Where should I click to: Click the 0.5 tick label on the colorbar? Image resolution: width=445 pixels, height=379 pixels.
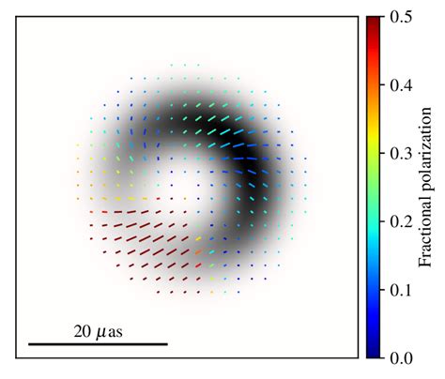pos(397,16)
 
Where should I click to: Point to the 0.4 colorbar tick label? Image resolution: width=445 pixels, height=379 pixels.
pos(397,84)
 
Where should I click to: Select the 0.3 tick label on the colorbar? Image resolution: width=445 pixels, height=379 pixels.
pos(397,153)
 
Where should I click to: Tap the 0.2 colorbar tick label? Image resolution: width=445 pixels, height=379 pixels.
pos(397,221)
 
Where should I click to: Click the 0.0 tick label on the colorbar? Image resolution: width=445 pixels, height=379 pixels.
pos(397,357)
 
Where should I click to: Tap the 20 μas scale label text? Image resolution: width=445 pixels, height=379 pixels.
pos(99,332)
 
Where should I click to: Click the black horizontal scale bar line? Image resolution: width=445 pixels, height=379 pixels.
pos(99,344)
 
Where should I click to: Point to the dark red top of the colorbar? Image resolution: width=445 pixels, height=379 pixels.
pos(373,23)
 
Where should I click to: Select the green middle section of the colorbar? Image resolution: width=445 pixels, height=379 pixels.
pos(373,187)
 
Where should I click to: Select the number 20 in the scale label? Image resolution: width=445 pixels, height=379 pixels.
pos(82,332)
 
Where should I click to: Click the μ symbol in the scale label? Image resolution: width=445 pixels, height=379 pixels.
pos(100,333)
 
